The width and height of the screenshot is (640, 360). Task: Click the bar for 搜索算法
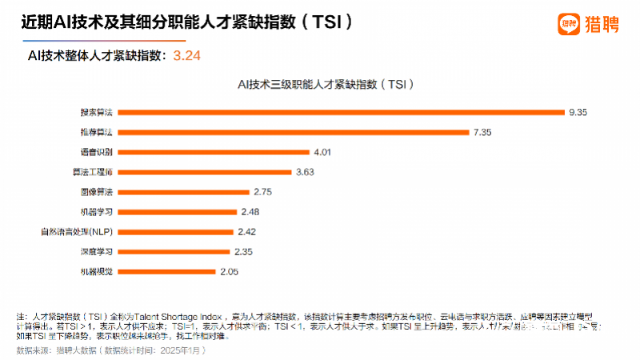pos(340,112)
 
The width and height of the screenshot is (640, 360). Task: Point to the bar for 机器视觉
pos(167,272)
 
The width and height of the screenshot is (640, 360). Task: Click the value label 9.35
pos(578,112)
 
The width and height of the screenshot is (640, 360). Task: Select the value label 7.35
pos(483,132)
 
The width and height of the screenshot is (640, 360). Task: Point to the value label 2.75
pos(263,192)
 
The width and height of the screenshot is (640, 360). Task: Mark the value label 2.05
pos(230,272)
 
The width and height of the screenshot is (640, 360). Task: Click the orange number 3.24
pos(186,55)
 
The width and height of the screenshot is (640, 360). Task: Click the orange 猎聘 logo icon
pos(569,24)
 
